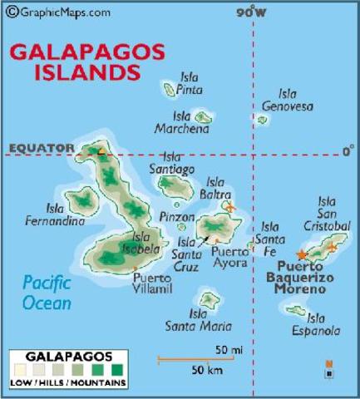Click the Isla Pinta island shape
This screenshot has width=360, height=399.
click(170, 89)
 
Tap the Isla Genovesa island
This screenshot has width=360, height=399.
click(262, 120)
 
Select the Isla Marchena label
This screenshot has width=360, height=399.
click(181, 122)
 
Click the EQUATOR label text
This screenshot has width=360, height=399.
click(41, 149)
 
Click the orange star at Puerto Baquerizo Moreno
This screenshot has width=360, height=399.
click(301, 254)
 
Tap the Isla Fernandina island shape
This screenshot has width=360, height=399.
click(81, 199)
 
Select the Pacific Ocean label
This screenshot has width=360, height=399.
click(47, 292)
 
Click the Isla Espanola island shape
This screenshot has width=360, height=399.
click(296, 311)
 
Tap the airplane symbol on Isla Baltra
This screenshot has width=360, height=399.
click(230, 206)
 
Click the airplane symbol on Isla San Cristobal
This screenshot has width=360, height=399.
click(333, 246)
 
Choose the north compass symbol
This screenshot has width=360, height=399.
click(329, 369)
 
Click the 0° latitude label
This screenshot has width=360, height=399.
click(348, 150)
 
